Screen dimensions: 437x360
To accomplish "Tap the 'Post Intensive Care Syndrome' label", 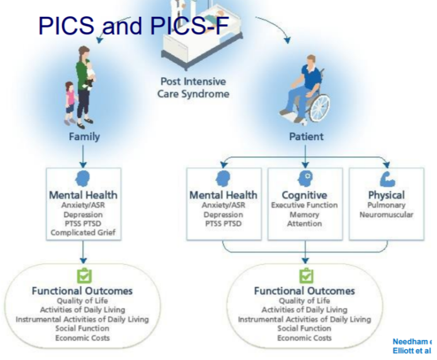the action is (193, 88).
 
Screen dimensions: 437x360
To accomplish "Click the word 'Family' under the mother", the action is (84, 137).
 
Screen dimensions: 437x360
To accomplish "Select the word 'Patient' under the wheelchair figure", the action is (306, 137).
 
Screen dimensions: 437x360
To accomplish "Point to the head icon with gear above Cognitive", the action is (304, 179).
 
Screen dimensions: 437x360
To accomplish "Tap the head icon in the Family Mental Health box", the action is (84, 178).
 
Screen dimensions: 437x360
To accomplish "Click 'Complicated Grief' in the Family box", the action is (84, 233).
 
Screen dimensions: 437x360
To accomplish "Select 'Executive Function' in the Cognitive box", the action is (304, 205).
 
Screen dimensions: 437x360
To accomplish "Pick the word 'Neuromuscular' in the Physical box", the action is (386, 214).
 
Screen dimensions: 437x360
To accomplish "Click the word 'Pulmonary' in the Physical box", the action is (386, 205).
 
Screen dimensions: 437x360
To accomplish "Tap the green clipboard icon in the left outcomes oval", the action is (84, 276).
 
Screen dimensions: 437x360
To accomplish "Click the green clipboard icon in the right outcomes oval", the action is (306, 276).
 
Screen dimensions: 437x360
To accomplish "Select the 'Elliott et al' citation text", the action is (412, 351).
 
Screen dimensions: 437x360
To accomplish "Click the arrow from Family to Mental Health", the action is (84, 156).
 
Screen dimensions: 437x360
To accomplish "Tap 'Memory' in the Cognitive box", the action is (304, 214).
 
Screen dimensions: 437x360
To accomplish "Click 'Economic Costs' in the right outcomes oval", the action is (304, 338).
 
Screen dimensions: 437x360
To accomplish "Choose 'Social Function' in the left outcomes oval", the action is (82, 328).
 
